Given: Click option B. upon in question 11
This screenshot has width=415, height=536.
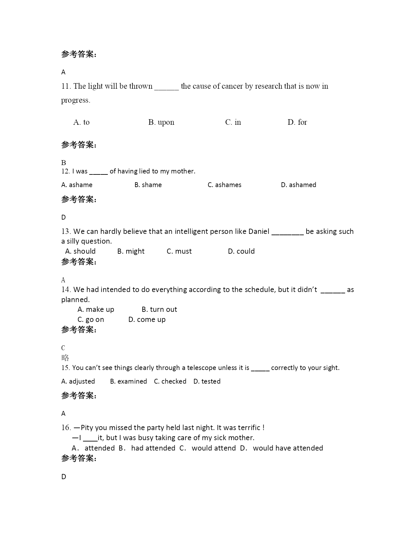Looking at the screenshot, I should click(x=161, y=122).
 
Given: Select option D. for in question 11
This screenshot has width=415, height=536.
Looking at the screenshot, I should click(x=297, y=122).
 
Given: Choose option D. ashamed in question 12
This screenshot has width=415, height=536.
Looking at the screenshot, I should click(x=298, y=185).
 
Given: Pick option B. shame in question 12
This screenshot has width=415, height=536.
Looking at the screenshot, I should click(x=148, y=185).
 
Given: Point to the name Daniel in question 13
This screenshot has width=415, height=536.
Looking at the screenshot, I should click(x=259, y=231).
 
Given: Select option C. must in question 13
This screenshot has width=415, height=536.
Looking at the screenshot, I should click(x=179, y=251).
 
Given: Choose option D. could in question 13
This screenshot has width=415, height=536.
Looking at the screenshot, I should click(x=241, y=251).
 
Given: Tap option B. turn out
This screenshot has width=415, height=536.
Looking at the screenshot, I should click(x=159, y=309).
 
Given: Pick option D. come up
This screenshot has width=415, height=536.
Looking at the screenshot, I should click(x=147, y=319).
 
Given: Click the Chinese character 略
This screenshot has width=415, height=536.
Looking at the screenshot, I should click(x=65, y=358).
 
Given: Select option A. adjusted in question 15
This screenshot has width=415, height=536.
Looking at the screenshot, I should click(x=78, y=381).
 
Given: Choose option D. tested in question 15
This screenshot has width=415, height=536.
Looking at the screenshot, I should click(x=207, y=381).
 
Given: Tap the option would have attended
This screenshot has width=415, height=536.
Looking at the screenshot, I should click(x=288, y=448).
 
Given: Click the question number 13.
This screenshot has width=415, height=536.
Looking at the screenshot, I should click(x=66, y=231).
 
